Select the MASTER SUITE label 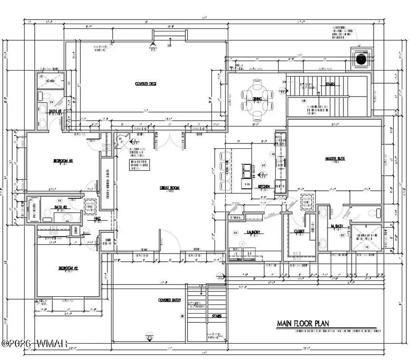334,159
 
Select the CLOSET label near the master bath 299,231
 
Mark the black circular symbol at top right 362,59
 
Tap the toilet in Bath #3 41,96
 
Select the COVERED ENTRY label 168,300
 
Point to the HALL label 97,218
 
